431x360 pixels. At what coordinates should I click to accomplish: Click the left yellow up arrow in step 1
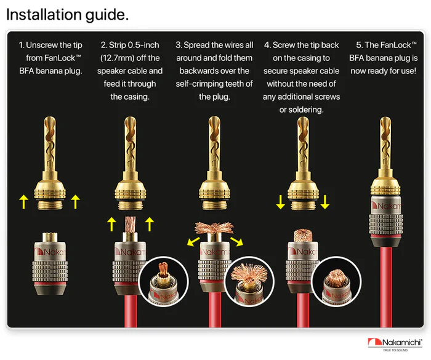24,201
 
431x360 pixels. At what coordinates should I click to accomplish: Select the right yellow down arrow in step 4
325,202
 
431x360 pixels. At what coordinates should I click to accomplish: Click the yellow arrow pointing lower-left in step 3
193,242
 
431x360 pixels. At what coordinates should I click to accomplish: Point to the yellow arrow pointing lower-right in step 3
236,241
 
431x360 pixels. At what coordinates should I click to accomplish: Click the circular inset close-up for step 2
163,282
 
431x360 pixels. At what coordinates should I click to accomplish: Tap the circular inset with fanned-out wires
249,282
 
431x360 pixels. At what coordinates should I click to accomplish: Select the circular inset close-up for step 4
337,282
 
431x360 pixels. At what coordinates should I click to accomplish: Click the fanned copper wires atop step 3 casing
214,228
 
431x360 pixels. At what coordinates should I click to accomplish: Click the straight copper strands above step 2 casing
130,225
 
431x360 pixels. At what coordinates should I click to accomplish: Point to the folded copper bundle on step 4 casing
303,236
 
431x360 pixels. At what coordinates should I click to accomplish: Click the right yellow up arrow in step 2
149,224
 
